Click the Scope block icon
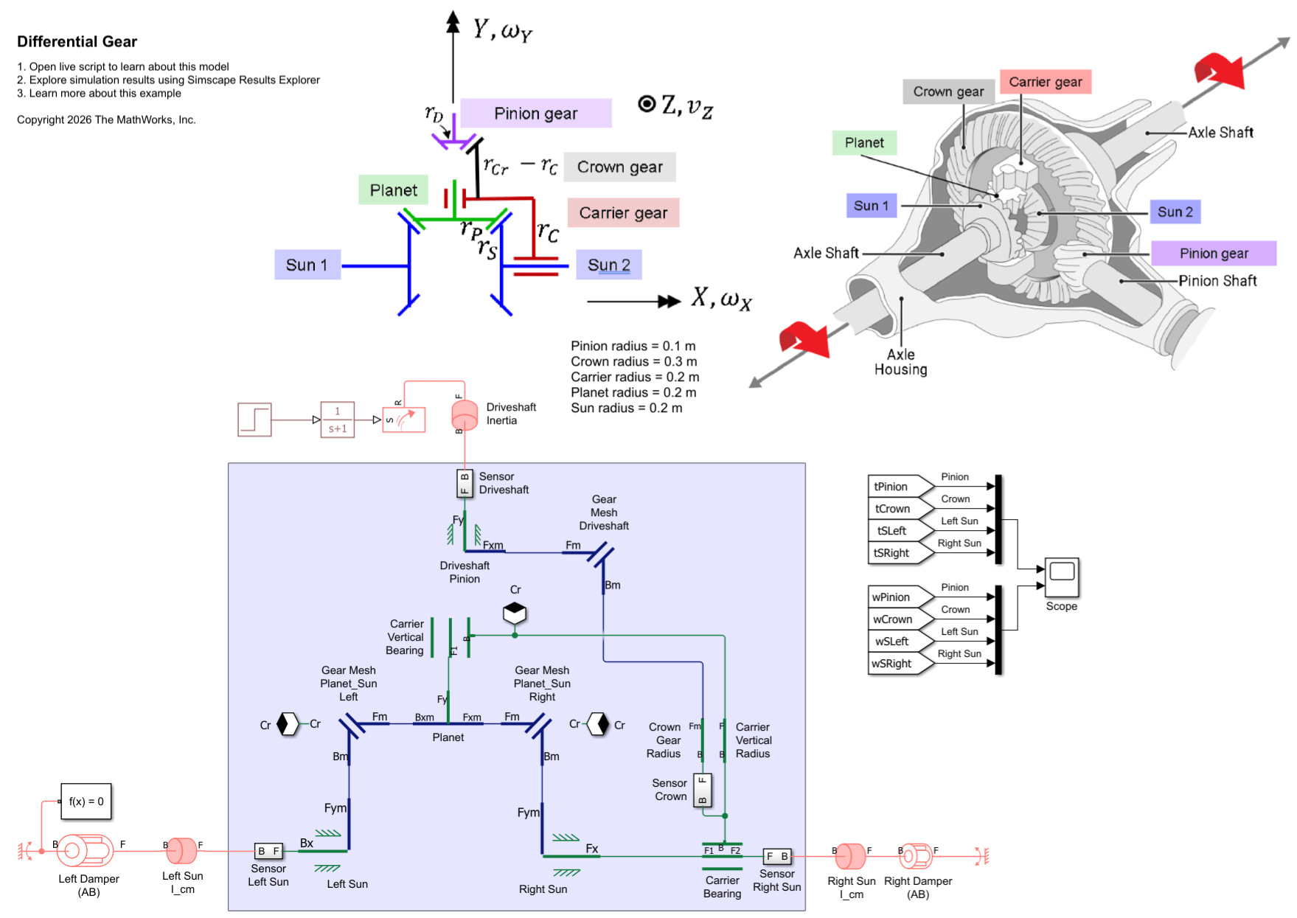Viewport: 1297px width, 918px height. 1062,577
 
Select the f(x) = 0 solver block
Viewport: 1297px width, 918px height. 86,801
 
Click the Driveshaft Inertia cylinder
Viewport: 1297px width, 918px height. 465,415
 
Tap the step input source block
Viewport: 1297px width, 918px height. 254,420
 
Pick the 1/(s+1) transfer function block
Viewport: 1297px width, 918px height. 338,420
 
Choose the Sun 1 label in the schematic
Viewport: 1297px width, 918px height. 307,265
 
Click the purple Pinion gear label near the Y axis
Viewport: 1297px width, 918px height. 535,114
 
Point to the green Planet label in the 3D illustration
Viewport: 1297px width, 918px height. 864,143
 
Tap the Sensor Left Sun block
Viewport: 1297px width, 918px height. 268,852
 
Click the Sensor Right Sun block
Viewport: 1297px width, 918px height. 777,857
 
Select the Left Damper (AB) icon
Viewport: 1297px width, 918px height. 86,851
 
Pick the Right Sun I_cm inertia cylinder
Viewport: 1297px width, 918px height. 851,856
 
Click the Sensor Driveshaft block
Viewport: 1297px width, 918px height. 465,484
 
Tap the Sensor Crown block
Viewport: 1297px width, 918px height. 703,790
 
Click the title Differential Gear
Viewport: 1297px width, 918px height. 77,42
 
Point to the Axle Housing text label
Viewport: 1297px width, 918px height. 900,362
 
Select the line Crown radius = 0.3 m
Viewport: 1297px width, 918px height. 633,361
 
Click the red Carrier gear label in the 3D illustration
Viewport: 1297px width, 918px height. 1045,82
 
